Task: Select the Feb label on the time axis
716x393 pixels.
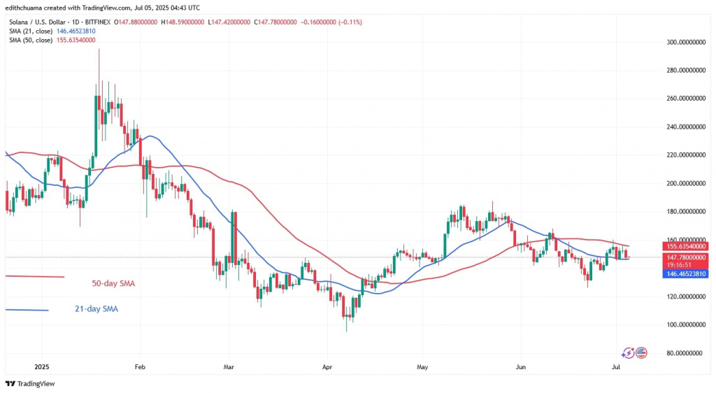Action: pos(140,366)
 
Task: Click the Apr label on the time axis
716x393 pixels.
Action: pos(327,366)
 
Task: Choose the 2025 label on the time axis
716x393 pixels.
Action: pos(42,366)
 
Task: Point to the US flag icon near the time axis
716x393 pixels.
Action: pos(641,353)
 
